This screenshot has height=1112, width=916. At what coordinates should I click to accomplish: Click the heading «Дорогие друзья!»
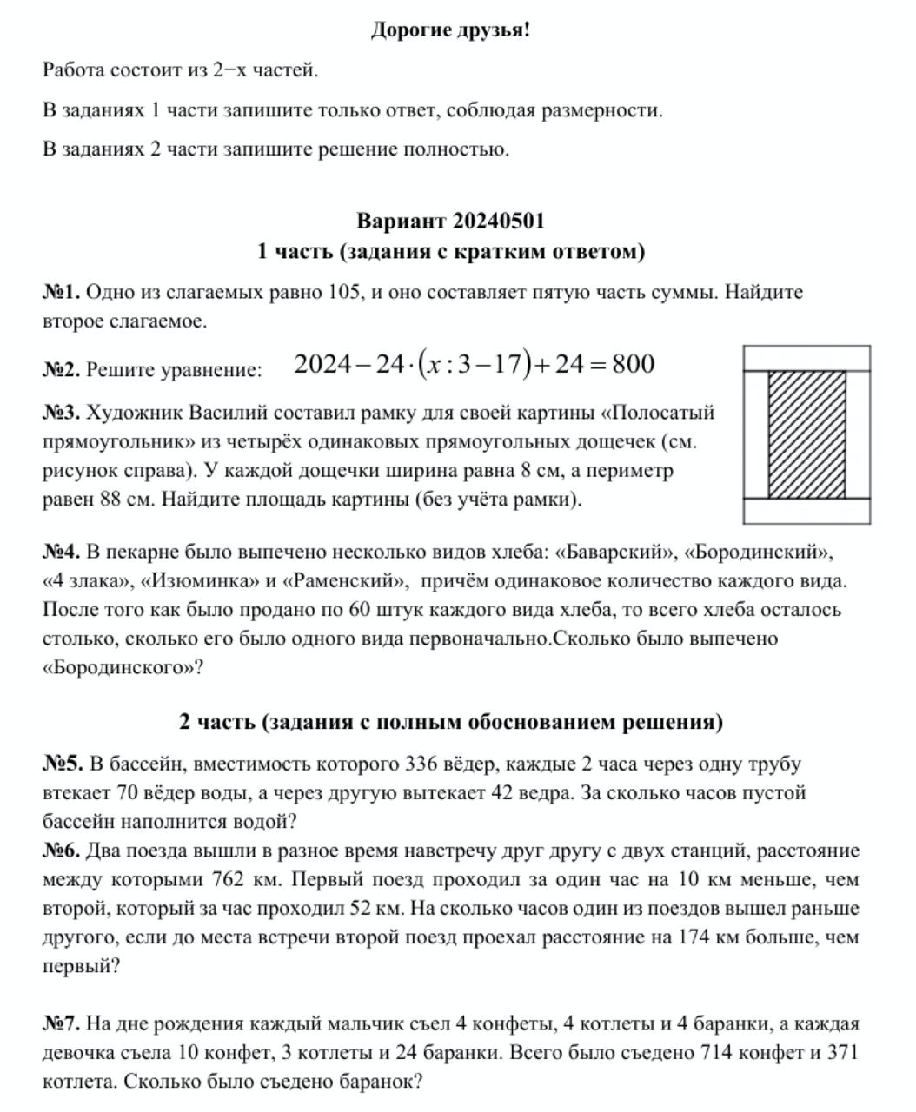(450, 30)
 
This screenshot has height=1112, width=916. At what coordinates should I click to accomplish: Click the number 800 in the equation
(633, 364)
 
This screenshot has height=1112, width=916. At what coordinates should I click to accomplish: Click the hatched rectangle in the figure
(806, 434)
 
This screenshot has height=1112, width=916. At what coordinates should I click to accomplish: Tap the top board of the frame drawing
(806, 358)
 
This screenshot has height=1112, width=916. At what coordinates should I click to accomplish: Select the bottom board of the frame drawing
(806, 512)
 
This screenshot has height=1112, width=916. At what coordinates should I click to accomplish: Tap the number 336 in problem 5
(426, 764)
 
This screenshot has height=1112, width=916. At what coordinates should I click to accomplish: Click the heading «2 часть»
(450, 722)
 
